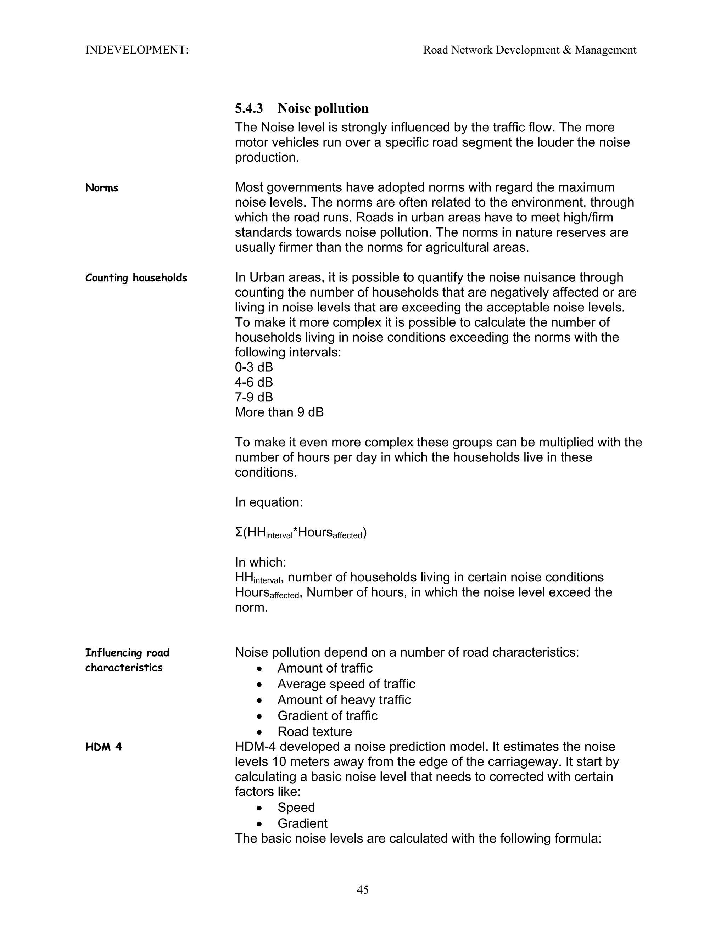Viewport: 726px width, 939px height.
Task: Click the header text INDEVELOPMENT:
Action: click(137, 50)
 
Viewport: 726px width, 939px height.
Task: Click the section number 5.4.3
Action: click(248, 108)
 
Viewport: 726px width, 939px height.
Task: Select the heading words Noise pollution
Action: click(323, 108)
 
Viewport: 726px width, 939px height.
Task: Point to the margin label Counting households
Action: click(136, 278)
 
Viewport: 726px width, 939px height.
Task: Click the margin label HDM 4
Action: click(103, 747)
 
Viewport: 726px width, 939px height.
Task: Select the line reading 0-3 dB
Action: click(253, 367)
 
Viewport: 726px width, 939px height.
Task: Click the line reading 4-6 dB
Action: click(253, 382)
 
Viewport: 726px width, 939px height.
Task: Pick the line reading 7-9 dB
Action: click(253, 397)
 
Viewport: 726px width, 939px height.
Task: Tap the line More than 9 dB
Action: click(279, 412)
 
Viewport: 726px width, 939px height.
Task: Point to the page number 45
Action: click(363, 889)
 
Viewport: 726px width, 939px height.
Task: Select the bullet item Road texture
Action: click(314, 732)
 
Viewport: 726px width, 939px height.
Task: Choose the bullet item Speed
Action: click(296, 808)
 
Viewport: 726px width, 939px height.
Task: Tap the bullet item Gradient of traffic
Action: click(327, 716)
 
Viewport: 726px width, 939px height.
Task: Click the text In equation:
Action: click(268, 502)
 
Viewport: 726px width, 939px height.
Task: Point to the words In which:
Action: click(260, 562)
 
